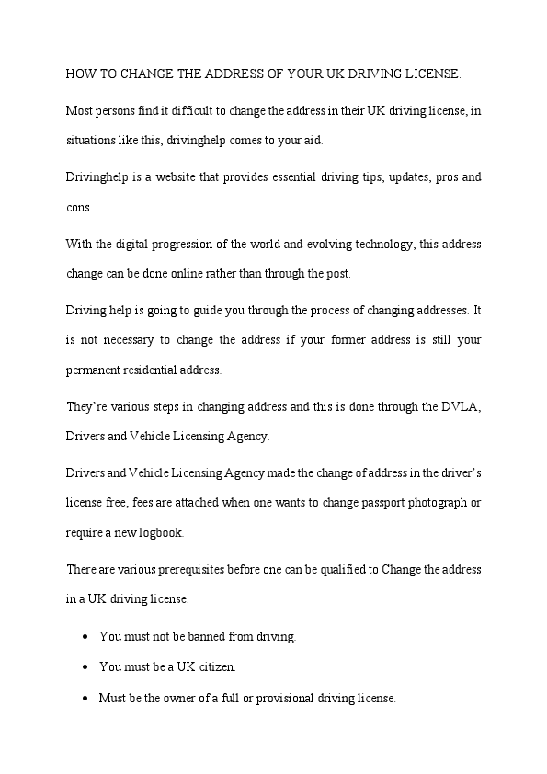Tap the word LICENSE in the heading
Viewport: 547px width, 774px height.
432,72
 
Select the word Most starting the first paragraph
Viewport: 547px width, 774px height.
80,110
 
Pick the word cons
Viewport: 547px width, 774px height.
78,208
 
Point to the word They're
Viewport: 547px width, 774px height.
85,405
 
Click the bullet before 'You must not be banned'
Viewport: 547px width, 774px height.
85,636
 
